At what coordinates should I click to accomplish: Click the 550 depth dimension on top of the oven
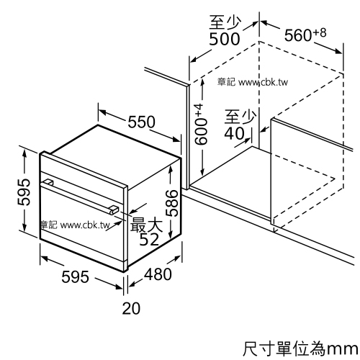pos(142,122)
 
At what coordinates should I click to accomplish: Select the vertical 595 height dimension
pos(24,192)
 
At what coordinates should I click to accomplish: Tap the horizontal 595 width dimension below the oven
pos(75,276)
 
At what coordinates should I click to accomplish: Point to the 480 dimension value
pos(158,274)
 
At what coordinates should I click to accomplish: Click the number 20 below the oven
pos(131,308)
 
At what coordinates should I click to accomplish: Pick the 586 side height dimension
pos(172,203)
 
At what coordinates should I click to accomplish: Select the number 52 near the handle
pos(149,239)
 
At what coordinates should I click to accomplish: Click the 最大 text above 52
pos(146,225)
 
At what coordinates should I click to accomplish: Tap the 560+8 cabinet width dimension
pos(305,35)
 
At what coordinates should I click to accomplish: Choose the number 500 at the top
pos(225,39)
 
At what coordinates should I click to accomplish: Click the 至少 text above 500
pos(225,22)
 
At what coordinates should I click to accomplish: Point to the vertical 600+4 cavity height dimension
pos(200,125)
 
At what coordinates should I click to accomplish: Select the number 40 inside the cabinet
pos(235,133)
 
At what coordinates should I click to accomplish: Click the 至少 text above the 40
pos(240,117)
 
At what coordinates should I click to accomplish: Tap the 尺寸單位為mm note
pos(300,348)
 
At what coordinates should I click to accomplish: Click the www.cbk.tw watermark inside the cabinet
pos(264,82)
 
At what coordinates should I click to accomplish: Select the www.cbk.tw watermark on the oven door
pos(85,225)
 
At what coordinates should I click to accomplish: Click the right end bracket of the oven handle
pos(114,210)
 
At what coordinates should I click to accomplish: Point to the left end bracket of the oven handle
pos(48,181)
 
